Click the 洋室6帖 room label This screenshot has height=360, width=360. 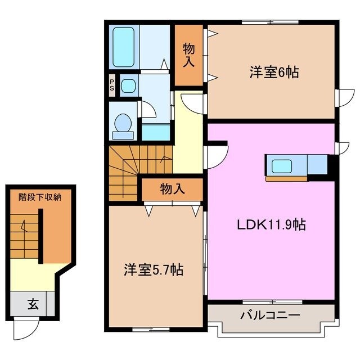[x=273, y=72]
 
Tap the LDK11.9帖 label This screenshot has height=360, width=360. [x=270, y=225]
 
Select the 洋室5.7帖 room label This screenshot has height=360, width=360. [x=154, y=270]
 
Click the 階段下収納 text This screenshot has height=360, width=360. [x=40, y=197]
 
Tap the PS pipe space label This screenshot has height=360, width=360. [x=112, y=86]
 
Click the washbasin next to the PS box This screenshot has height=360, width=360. [x=129, y=86]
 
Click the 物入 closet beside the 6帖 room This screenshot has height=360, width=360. [x=189, y=55]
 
